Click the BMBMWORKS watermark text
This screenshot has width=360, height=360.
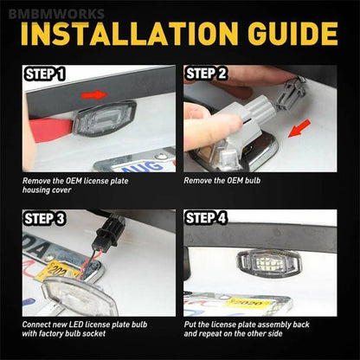click(x=56, y=14)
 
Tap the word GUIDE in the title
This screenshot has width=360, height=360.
click(x=292, y=34)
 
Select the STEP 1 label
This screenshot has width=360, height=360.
click(x=45, y=74)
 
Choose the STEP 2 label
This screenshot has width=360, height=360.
click(x=206, y=74)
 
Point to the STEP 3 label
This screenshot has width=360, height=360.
click(x=45, y=218)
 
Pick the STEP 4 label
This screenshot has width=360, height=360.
click(x=206, y=218)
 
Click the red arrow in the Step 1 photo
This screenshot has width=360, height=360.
click(x=94, y=94)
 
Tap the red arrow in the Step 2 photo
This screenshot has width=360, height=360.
click(x=299, y=128)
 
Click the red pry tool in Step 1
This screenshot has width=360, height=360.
click(x=50, y=130)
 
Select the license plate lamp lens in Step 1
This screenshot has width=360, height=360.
click(x=105, y=119)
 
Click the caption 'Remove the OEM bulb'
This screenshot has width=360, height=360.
click(x=222, y=181)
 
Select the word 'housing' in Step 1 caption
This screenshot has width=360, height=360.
click(x=34, y=190)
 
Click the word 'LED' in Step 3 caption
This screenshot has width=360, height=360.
click(x=76, y=325)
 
